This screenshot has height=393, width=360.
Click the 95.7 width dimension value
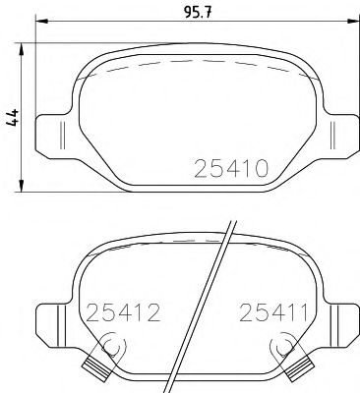(196, 12)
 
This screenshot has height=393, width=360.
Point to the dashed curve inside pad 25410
(197, 63)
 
